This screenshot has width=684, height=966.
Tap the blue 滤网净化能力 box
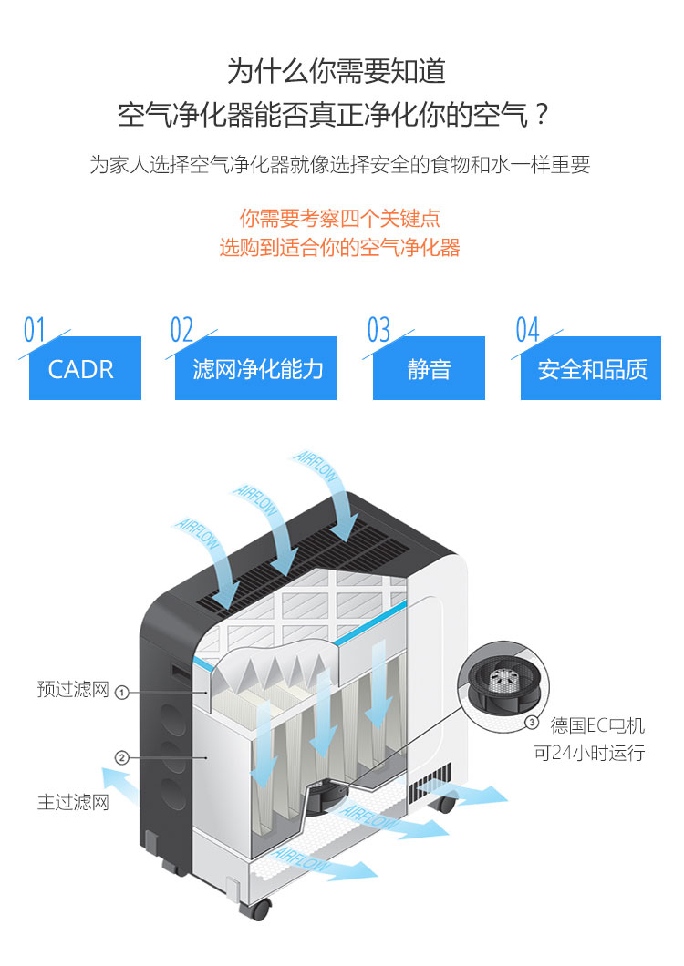(x=255, y=368)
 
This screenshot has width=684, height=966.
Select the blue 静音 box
(x=429, y=368)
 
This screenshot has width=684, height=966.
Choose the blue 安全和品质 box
(x=591, y=368)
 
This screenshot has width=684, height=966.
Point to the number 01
(x=34, y=330)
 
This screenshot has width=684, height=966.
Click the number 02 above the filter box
(x=181, y=330)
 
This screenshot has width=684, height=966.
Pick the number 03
(x=378, y=330)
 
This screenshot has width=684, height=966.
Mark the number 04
(x=527, y=330)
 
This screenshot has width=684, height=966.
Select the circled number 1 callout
(x=121, y=692)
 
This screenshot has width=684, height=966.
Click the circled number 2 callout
(x=121, y=757)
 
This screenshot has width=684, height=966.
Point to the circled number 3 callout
(x=533, y=723)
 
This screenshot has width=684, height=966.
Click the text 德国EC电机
(x=597, y=726)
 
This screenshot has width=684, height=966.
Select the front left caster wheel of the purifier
(x=259, y=909)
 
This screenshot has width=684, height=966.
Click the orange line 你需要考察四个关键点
(x=340, y=219)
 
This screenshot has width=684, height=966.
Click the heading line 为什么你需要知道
(x=337, y=71)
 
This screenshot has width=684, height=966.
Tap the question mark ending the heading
(x=542, y=116)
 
